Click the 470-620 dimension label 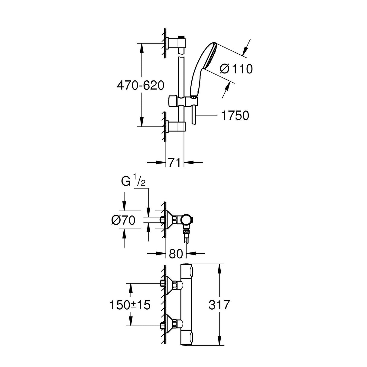[141, 86]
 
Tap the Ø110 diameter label [236, 69]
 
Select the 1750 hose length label [235, 115]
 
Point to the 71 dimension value [175, 163]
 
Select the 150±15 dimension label [130, 305]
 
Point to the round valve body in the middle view [187, 220]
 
